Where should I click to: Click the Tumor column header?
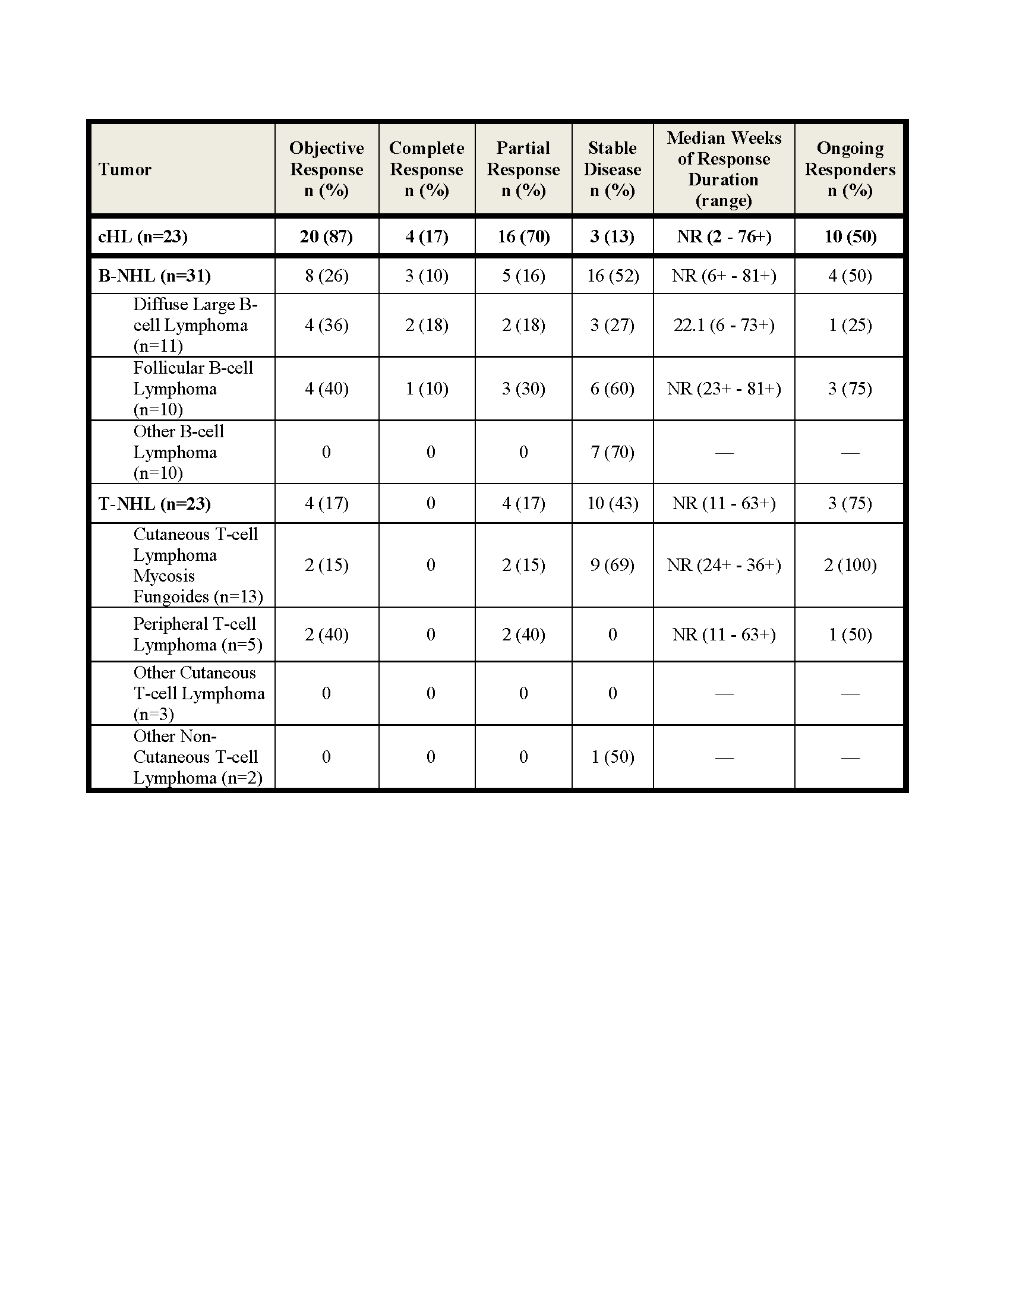point(124,169)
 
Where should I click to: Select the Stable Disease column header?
point(612,169)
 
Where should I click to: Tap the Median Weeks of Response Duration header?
point(724,169)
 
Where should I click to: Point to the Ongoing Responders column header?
point(850,169)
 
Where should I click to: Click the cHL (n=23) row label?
point(143,236)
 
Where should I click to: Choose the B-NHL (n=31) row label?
point(154,276)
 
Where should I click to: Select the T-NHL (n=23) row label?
point(154,503)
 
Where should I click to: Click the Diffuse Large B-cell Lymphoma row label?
point(194,325)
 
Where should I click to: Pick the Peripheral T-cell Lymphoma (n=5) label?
point(197,634)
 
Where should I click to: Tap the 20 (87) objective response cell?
point(326,236)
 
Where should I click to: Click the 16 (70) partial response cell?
point(523,236)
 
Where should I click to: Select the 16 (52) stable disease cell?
point(613,276)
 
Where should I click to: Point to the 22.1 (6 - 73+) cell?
point(724,325)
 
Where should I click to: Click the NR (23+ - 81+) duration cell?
point(724,389)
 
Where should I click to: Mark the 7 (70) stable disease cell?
point(612,452)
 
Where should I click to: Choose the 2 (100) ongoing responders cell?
point(850,565)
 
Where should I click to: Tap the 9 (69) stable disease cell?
point(612,565)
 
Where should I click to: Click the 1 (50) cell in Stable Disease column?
point(612,757)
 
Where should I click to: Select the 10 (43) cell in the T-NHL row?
point(613,503)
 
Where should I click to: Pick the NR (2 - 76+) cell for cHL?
point(724,236)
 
